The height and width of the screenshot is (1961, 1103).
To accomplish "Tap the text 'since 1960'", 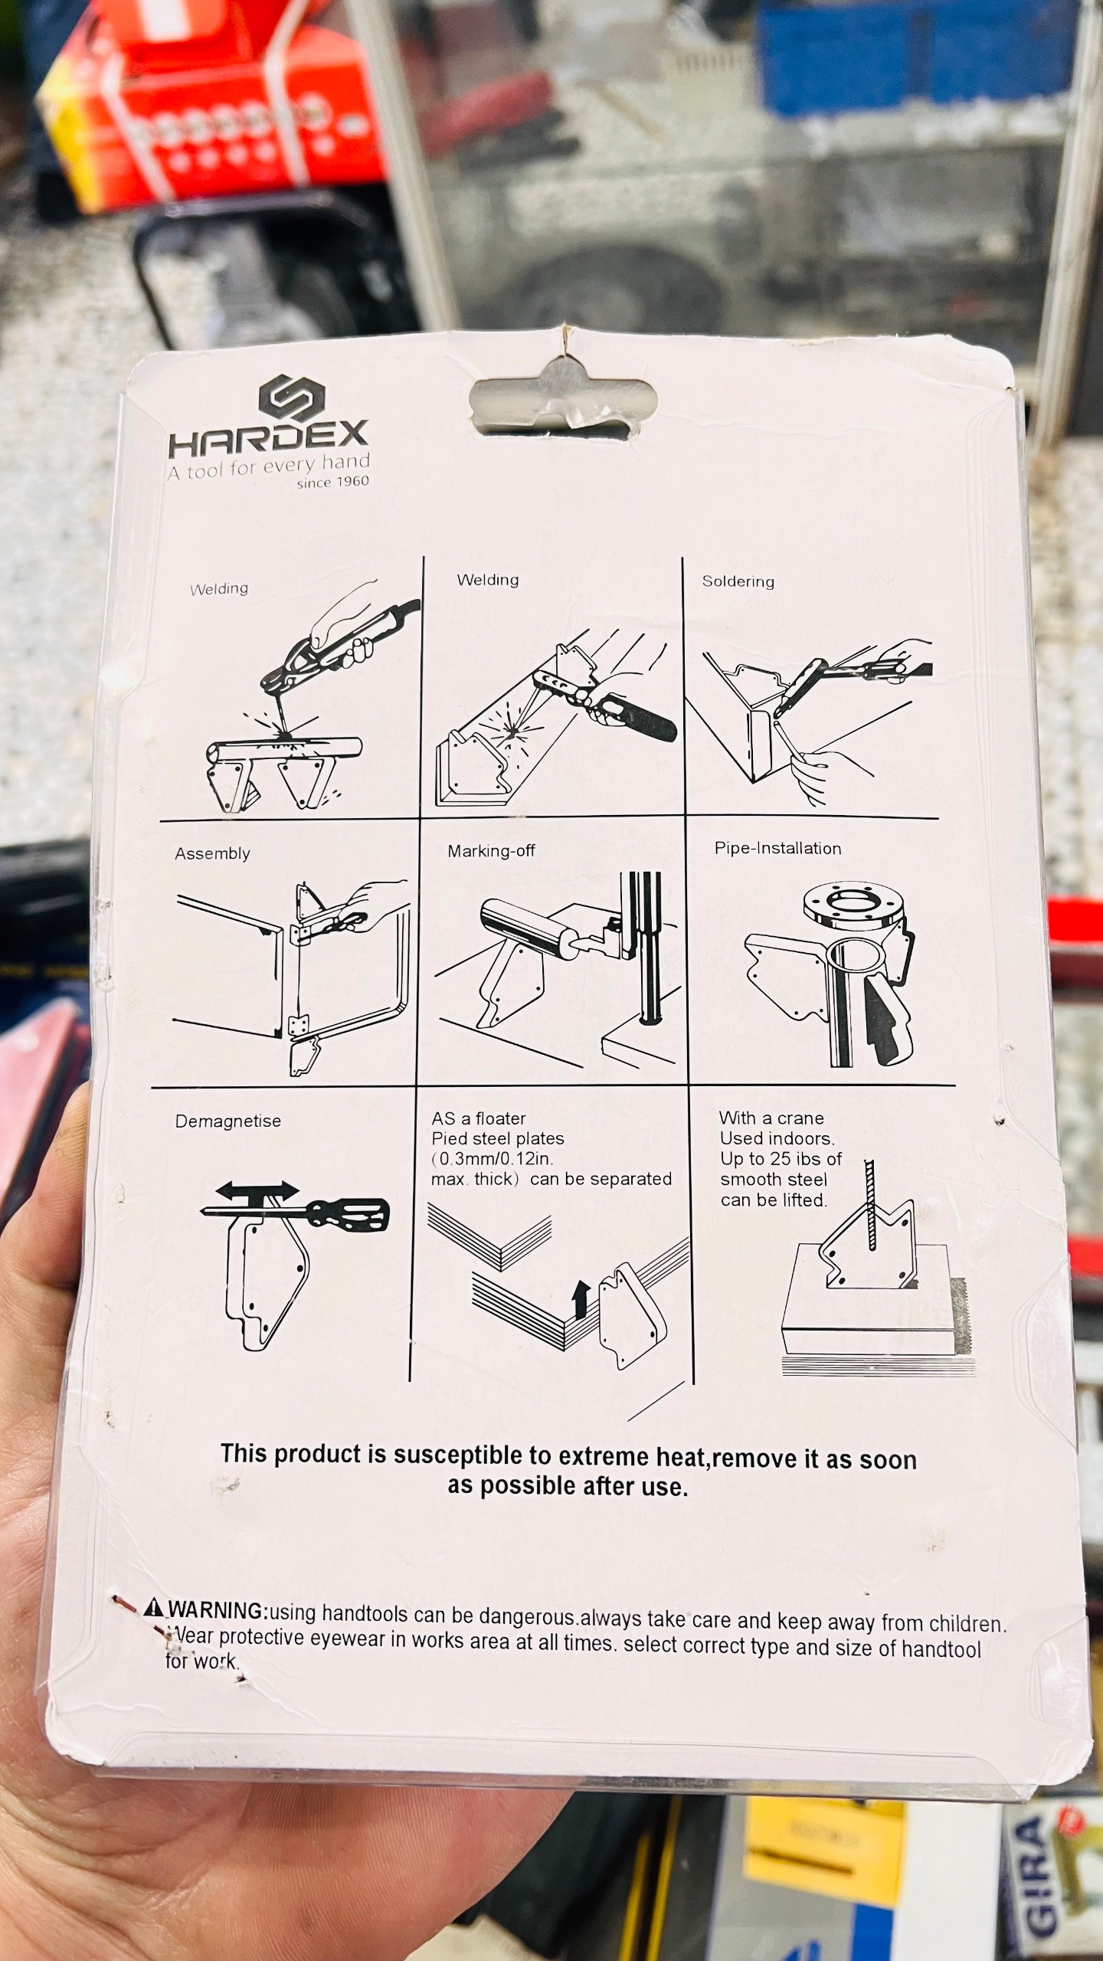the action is point(333,482).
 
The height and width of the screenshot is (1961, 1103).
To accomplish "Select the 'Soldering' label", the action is point(738,581).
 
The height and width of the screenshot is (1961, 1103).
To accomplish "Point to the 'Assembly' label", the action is point(212,853).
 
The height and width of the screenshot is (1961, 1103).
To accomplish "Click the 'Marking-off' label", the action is point(491,850).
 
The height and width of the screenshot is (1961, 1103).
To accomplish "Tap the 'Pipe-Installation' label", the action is point(777,848).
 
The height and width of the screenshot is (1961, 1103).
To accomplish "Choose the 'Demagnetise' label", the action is point(228,1121).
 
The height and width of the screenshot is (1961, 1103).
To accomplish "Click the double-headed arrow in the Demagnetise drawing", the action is point(257,1190).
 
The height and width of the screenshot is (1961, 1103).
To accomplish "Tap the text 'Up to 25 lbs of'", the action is point(781,1159).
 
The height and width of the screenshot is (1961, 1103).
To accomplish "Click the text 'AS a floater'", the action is point(479,1118).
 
